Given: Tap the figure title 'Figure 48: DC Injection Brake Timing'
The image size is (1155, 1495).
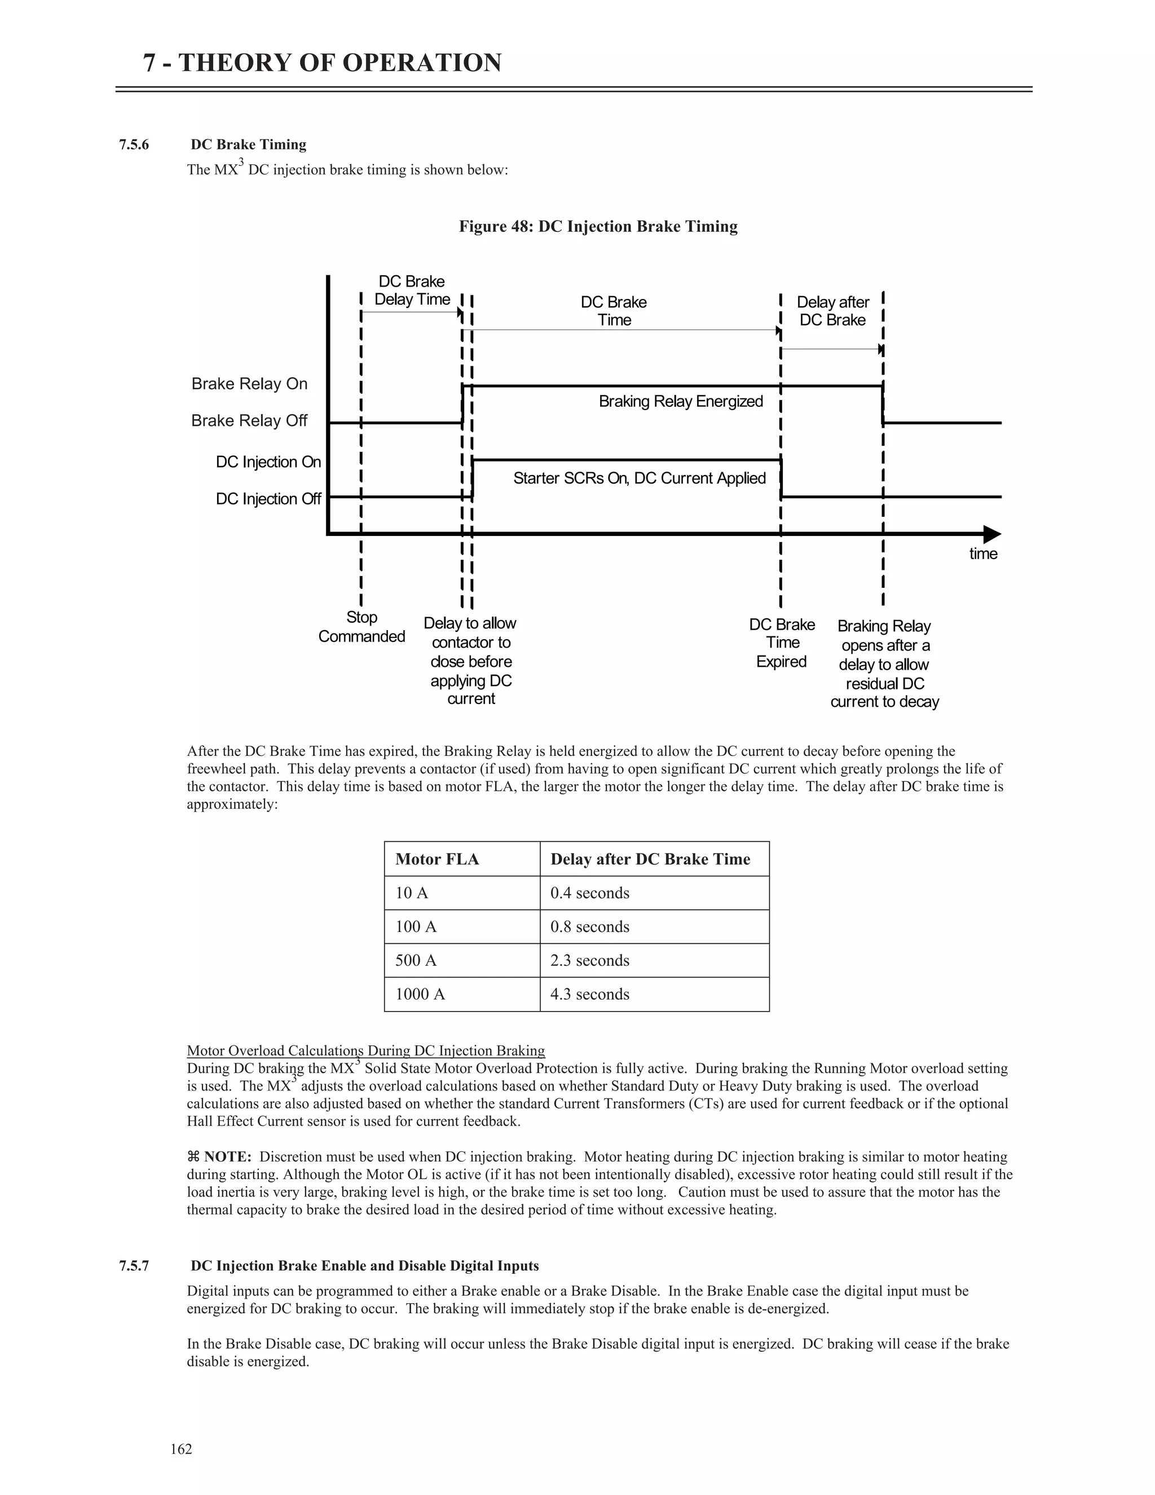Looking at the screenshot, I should point(597,227).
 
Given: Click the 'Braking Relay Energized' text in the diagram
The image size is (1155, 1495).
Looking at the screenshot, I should point(680,401).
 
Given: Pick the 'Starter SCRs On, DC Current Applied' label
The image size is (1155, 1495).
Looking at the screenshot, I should point(639,478).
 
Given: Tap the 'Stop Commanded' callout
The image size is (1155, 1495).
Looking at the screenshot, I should point(362,627).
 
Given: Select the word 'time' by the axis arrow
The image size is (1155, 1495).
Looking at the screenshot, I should point(982,554).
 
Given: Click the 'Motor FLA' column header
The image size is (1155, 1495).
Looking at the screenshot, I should point(437,859).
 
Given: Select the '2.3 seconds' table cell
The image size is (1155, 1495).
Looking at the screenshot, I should point(589,960).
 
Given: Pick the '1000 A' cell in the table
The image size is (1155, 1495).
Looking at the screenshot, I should point(420,994).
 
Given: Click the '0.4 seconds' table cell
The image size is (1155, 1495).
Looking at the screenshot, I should point(589,892).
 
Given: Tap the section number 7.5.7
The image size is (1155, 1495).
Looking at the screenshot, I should point(134,1266).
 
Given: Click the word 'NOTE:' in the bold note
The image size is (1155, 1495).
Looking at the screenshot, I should point(227,1157).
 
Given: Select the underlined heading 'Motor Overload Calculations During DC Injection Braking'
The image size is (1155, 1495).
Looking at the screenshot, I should point(365,1051).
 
